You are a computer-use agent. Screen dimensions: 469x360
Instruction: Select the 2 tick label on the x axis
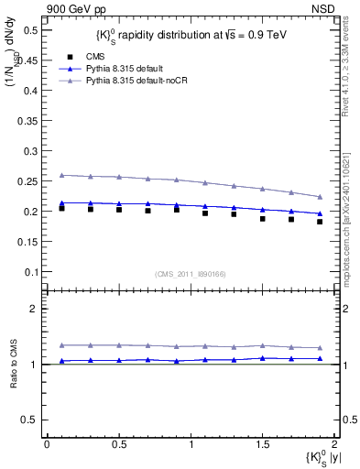[x=335, y=444]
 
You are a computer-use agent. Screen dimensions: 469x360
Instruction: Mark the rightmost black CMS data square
[x=320, y=222]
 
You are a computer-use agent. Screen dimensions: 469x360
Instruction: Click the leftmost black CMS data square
[x=61, y=208]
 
